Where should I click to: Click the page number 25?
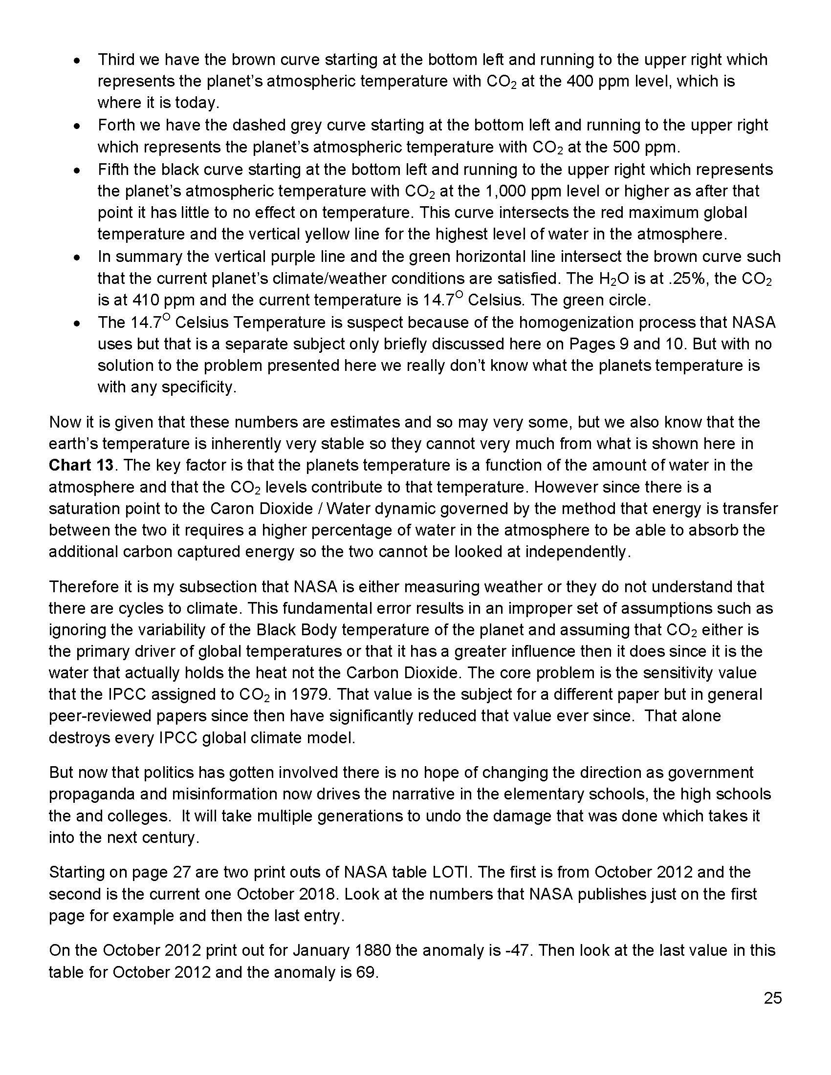(x=773, y=998)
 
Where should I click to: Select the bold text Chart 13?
(x=81, y=465)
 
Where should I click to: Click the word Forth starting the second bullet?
(x=117, y=126)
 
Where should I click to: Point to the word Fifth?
(x=114, y=170)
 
